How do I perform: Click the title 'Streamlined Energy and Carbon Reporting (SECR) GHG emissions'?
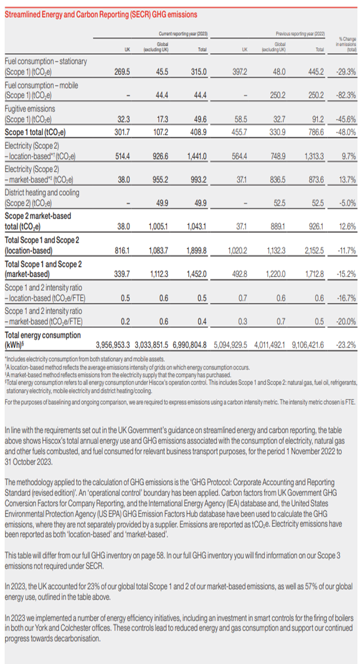coord(100,14)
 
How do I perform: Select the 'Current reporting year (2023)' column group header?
coord(183,35)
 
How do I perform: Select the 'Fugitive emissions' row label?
coord(30,109)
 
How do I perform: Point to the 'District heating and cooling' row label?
coord(42,192)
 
